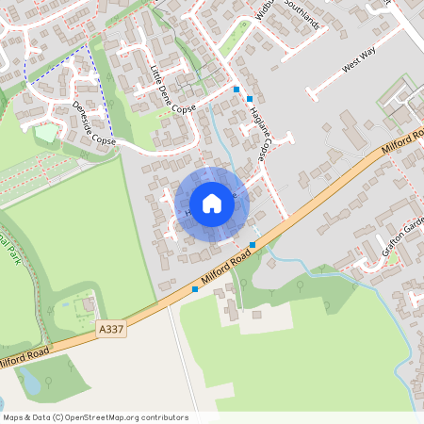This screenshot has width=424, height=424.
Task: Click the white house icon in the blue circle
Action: pos(212,204)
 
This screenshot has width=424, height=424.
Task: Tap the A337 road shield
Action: pos(110,330)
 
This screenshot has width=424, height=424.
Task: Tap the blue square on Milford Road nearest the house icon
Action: pos(253,245)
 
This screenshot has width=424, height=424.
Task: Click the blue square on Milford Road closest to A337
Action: pos(195,289)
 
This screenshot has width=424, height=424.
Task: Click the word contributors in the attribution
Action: pos(161,417)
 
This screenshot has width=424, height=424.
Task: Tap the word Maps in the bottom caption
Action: pos(13,417)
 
